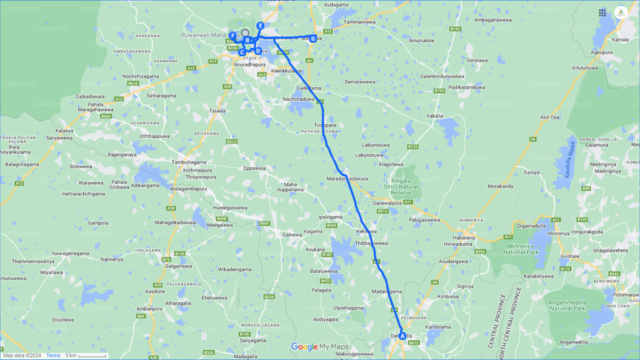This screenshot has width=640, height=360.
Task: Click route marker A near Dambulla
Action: (x=402, y=336)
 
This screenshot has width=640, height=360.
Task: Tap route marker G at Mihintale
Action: (x=313, y=38)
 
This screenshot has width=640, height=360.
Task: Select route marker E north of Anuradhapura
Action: (x=260, y=25)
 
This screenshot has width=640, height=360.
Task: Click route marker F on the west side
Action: (x=233, y=35)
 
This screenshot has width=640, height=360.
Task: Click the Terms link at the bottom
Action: (x=53, y=355)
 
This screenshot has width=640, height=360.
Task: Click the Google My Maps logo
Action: (x=320, y=347)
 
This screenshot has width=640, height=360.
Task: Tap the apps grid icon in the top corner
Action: (x=602, y=12)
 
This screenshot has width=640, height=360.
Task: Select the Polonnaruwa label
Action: (x=623, y=296)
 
